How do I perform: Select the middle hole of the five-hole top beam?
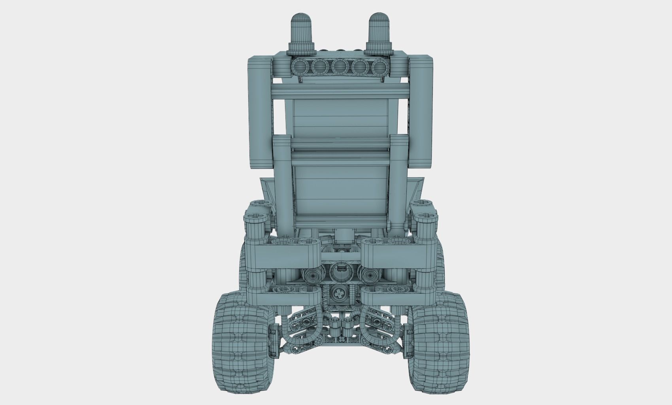[x=340, y=67]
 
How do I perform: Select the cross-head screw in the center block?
[x=339, y=294]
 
